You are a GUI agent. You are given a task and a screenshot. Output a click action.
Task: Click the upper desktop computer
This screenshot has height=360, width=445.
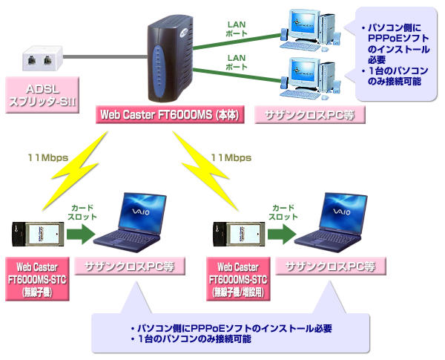[305, 27]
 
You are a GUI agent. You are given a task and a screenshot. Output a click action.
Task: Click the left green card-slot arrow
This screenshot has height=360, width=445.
[79, 234]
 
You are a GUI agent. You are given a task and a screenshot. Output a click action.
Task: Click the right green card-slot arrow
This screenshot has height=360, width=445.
[280, 234]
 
